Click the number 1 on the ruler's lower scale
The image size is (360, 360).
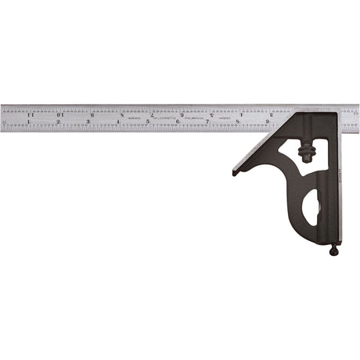(x=29, y=122)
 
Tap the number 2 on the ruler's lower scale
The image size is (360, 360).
(x=59, y=122)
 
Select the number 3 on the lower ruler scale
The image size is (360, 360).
(x=88, y=122)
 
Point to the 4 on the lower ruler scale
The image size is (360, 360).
(x=118, y=122)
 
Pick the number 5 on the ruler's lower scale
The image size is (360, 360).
(x=148, y=122)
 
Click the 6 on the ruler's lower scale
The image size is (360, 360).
(x=178, y=122)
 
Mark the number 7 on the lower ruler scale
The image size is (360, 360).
(x=207, y=122)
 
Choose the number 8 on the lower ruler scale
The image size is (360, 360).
(x=237, y=122)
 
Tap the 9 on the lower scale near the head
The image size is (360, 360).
(x=267, y=122)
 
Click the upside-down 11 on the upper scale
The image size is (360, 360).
(x=31, y=114)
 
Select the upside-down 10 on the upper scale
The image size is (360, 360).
(x=60, y=114)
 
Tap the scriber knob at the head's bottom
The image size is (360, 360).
(x=335, y=250)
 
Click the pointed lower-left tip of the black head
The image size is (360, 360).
(x=235, y=172)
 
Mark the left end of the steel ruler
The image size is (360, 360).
(x=2, y=117)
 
